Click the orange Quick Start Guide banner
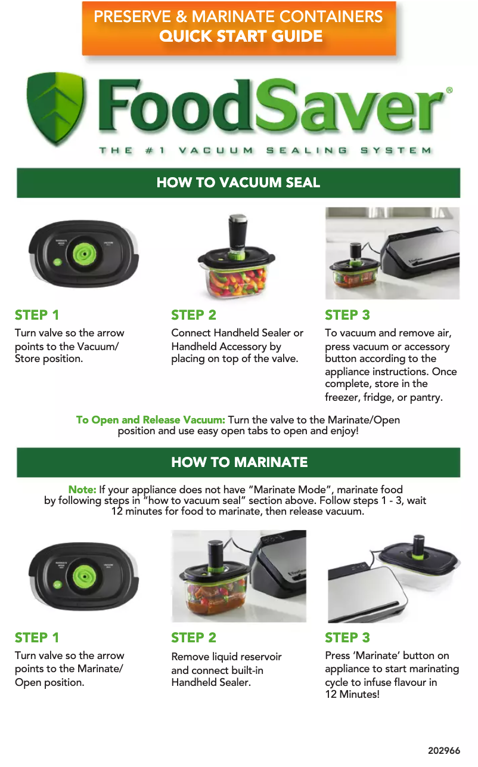(x=238, y=27)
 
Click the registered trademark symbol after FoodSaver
(x=449, y=90)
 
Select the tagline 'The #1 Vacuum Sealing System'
(x=265, y=151)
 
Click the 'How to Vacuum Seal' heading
(x=238, y=183)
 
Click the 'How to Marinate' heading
(x=238, y=462)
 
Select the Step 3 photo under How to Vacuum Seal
(x=392, y=253)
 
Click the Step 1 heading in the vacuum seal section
(x=37, y=315)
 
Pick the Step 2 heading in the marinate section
(x=194, y=638)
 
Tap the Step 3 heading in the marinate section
(x=347, y=638)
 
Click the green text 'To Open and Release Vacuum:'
(x=150, y=420)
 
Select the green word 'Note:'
(x=82, y=490)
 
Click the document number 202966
(x=444, y=751)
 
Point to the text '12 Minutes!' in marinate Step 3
(x=352, y=694)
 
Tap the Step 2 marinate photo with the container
(x=238, y=576)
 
